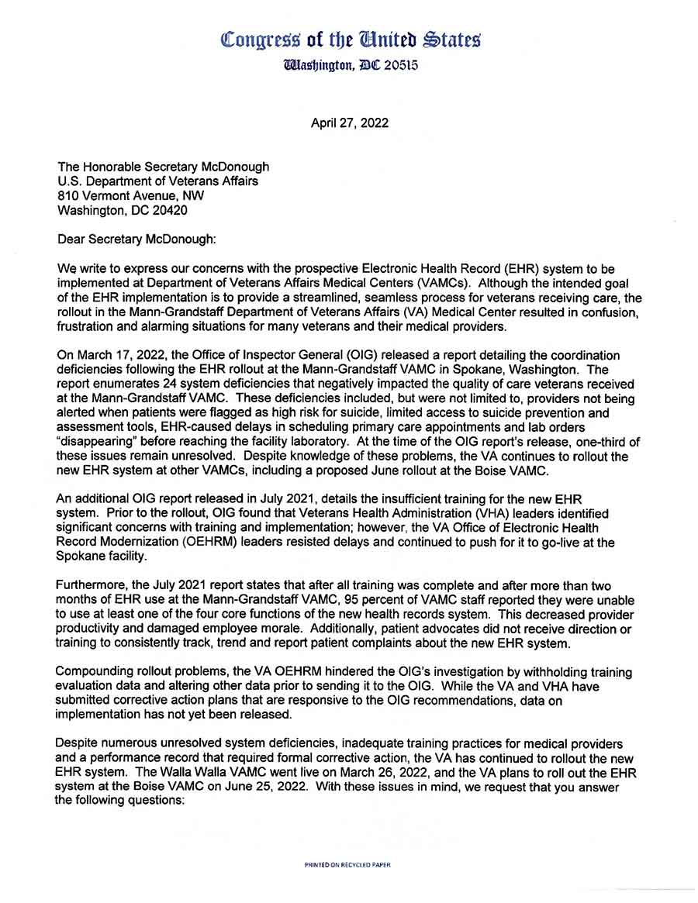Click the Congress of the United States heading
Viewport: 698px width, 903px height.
point(351,38)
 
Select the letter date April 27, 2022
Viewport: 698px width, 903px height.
point(350,122)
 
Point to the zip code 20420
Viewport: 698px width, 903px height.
point(167,210)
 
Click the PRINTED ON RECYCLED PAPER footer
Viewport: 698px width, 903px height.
point(348,863)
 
